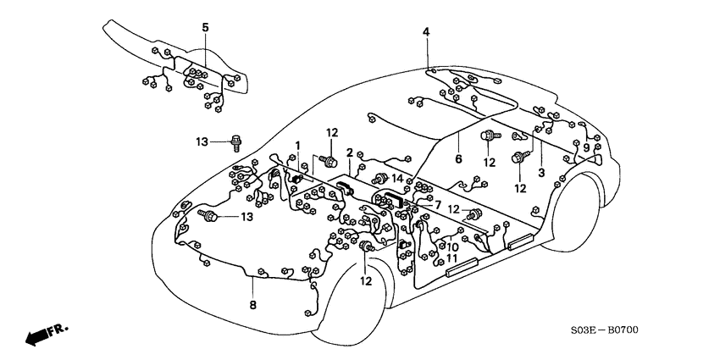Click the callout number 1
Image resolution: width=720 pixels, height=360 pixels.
tap(297, 145)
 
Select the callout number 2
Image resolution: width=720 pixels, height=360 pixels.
tap(349, 152)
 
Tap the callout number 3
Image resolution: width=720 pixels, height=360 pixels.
tap(541, 173)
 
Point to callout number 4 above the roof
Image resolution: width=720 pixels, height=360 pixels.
tap(426, 32)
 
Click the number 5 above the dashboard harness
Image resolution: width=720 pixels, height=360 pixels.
tap(205, 28)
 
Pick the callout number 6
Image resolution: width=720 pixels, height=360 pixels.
tap(457, 158)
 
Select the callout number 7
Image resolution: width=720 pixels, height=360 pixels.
tap(437, 204)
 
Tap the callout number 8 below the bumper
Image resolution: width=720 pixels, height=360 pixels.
tap(252, 304)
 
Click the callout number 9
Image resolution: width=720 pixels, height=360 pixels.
tap(586, 147)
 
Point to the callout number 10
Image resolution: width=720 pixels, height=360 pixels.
tap(453, 247)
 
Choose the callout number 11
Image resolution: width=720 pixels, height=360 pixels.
tap(453, 258)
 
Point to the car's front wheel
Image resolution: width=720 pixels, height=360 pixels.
tap(354, 301)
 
